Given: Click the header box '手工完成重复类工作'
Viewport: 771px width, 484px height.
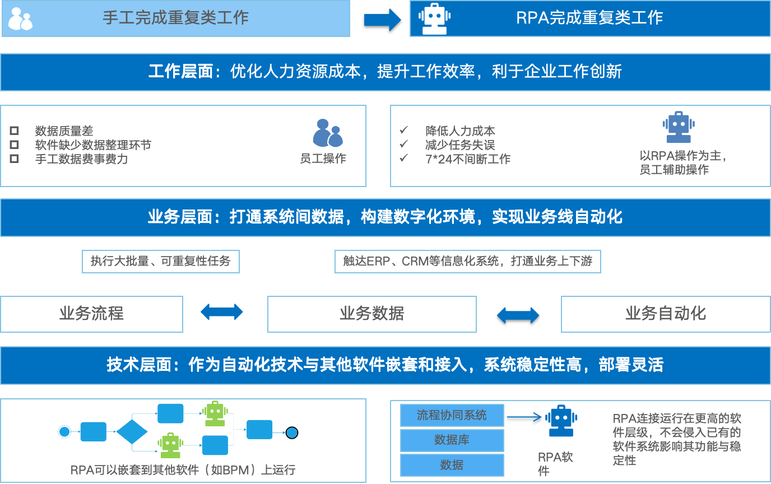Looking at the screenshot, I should [176, 18].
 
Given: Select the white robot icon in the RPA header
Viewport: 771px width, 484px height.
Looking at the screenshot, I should [434, 18].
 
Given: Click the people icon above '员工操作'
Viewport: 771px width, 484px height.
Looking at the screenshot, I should [327, 133].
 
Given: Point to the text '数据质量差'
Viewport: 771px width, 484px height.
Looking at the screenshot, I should [64, 131].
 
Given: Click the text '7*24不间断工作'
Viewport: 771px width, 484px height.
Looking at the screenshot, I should [468, 159].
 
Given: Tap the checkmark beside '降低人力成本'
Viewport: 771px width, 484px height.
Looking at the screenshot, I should [403, 131].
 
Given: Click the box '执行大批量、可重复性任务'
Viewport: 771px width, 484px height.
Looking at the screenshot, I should [161, 262].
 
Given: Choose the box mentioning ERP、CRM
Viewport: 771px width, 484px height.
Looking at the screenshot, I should [467, 262].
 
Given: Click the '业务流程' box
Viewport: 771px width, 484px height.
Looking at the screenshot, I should [92, 314].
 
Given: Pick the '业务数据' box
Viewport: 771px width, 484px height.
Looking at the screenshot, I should [371, 314].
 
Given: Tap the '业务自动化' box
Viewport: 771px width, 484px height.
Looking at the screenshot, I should [666, 314].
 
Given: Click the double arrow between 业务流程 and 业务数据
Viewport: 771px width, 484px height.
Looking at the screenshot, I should [222, 312].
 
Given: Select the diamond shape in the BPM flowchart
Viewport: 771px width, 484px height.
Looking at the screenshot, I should [132, 432].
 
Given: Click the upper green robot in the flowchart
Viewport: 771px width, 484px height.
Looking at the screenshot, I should [215, 413].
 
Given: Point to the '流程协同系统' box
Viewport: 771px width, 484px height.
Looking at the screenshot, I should [452, 416].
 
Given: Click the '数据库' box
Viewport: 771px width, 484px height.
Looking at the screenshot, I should [452, 440].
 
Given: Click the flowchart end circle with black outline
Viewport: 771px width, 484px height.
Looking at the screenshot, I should [291, 432].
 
